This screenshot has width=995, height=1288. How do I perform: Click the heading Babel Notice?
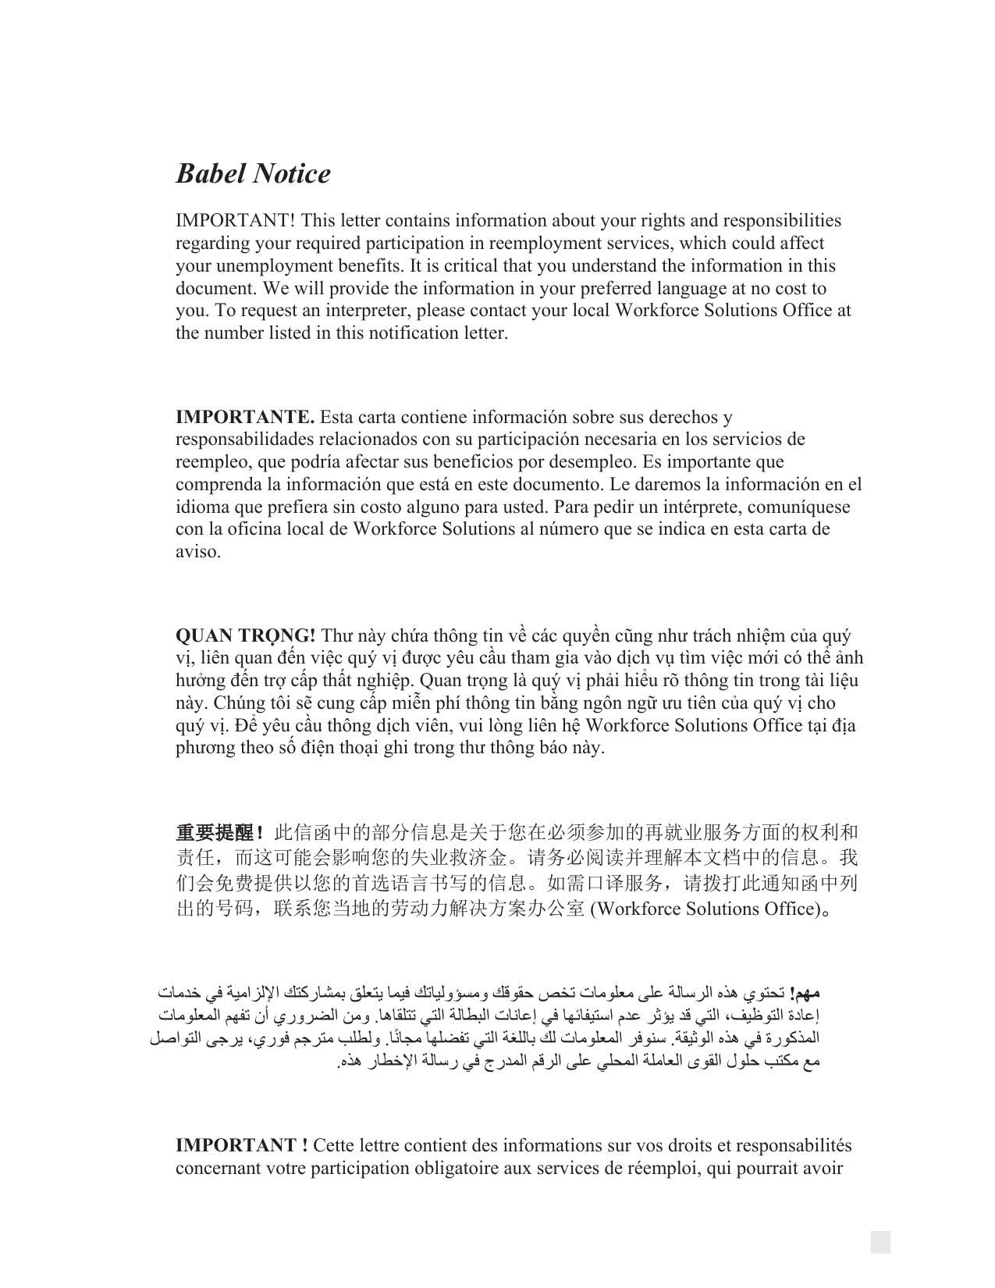click(253, 173)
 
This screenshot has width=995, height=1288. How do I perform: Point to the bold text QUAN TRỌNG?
click(246, 636)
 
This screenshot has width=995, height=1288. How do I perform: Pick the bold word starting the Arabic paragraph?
click(804, 994)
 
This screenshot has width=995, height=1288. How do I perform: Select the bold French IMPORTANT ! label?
click(241, 1146)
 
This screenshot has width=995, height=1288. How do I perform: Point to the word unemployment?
click(261, 266)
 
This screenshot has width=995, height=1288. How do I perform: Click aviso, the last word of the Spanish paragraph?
click(198, 552)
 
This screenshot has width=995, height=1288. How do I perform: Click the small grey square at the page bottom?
click(880, 1242)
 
